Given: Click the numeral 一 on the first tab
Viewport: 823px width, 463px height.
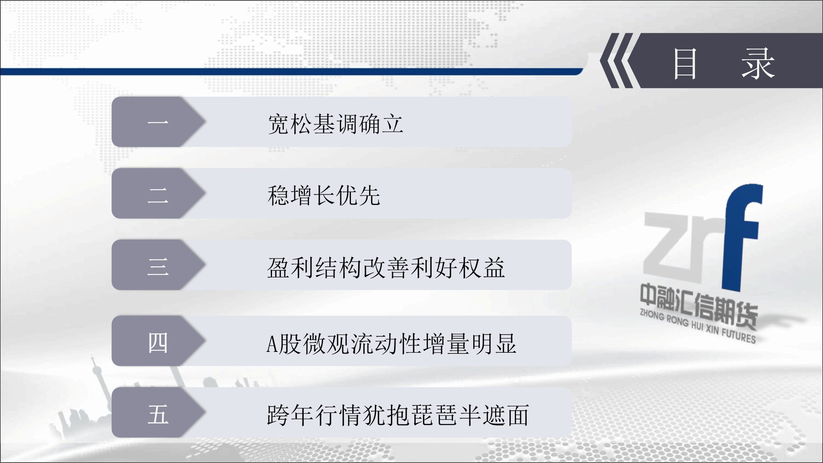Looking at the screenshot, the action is [158, 122].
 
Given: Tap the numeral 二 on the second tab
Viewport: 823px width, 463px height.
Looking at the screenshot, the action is [158, 194].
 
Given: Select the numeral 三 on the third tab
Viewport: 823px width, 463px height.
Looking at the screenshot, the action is [158, 266].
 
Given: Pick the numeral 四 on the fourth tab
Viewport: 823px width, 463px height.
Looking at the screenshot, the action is [158, 342].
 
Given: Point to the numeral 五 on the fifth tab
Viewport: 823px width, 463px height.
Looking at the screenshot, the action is [158, 414].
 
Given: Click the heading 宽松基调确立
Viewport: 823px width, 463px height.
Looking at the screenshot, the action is [335, 123].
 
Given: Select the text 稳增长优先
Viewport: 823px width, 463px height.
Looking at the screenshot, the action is [324, 195].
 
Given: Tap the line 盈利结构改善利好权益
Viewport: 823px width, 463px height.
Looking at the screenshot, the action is [386, 268].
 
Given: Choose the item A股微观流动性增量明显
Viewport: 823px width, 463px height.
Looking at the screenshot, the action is [391, 343].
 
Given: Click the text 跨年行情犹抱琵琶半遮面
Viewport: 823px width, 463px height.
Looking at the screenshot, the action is [398, 415].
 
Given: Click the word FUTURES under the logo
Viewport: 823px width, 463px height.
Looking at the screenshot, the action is [739, 336].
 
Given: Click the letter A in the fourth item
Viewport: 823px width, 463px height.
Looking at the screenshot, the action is [272, 344].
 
